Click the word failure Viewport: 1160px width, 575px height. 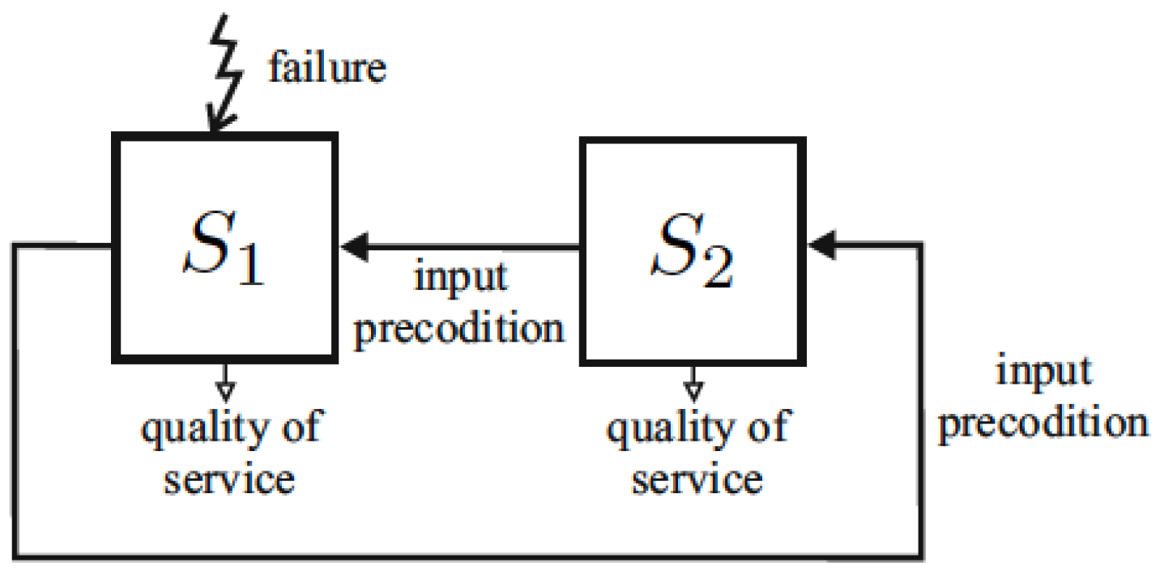pos(327,68)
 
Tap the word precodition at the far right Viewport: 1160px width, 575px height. pos(1043,422)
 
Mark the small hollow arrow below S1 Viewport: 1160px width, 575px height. pos(226,385)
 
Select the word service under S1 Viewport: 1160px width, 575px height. pos(228,478)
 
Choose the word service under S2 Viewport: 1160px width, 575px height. pos(696,478)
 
